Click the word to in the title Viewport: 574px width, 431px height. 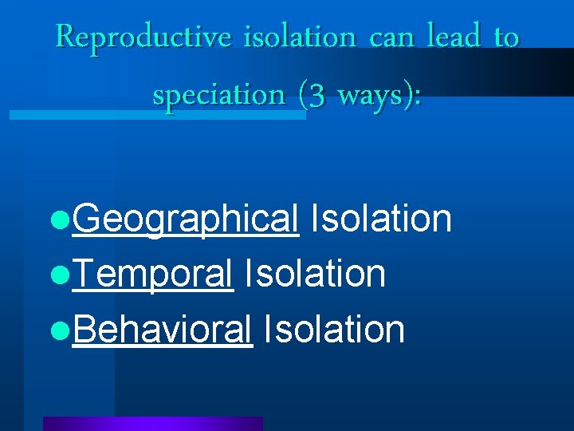(x=506, y=38)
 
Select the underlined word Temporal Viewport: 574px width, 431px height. (x=152, y=274)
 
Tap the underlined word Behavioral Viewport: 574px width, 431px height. (x=162, y=329)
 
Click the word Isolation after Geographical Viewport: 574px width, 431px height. (x=381, y=218)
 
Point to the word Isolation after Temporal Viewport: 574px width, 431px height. (x=315, y=273)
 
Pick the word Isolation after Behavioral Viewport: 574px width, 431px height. (x=334, y=328)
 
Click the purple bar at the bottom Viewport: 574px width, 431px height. (x=152, y=424)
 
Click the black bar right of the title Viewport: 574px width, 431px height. (x=550, y=73)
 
